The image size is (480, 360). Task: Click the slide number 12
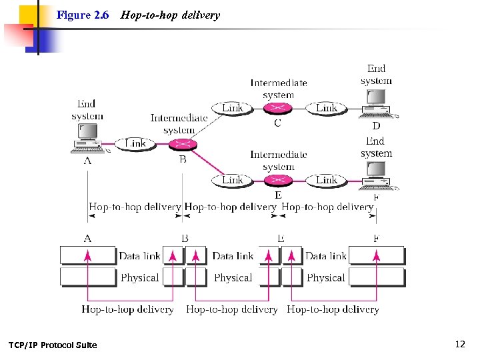pyautogui.click(x=459, y=344)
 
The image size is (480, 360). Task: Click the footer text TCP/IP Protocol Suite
pyautogui.click(x=53, y=345)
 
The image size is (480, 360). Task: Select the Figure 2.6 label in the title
pyautogui.click(x=83, y=15)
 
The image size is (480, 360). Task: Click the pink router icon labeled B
pyautogui.click(x=181, y=144)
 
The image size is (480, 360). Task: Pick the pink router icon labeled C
pyautogui.click(x=278, y=108)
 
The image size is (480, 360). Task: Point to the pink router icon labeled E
pyautogui.click(x=278, y=181)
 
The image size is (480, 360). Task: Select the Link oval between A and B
pyautogui.click(x=135, y=143)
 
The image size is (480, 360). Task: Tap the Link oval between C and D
pyautogui.click(x=326, y=108)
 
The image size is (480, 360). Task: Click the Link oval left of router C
pyautogui.click(x=233, y=108)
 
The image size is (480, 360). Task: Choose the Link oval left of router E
pyautogui.click(x=233, y=180)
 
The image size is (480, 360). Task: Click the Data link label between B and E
pyautogui.click(x=233, y=256)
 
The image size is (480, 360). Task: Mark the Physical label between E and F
pyautogui.click(x=325, y=277)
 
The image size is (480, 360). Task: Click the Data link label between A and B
pyautogui.click(x=139, y=256)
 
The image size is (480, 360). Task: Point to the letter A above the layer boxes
pyautogui.click(x=87, y=238)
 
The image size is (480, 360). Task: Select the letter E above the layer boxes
pyautogui.click(x=281, y=238)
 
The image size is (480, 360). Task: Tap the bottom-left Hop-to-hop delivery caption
pyautogui.click(x=127, y=309)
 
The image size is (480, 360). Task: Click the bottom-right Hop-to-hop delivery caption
pyautogui.click(x=333, y=309)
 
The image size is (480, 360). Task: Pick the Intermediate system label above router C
pyautogui.click(x=279, y=89)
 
